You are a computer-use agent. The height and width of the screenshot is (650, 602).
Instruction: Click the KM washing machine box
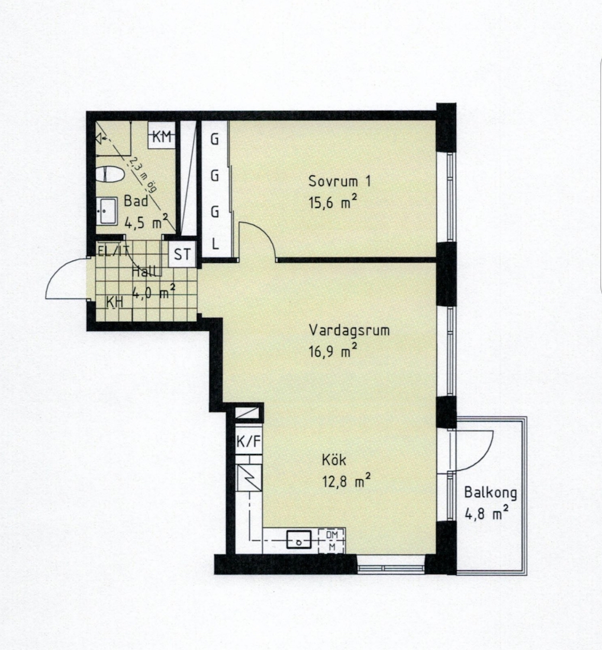point(161,135)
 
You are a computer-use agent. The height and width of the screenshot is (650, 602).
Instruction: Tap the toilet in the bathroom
point(110,174)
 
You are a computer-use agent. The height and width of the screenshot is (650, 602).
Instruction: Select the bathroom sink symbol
point(107,211)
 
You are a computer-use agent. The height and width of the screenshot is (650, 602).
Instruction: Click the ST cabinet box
point(182,254)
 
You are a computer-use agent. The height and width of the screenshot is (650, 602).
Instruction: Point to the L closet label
point(215,244)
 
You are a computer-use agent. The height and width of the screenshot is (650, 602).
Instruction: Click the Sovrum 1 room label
point(340,181)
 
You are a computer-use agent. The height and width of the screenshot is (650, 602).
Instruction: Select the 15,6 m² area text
point(332,202)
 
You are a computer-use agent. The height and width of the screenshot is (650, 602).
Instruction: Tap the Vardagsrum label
point(349,330)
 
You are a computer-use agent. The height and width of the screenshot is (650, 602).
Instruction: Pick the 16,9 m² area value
point(332,351)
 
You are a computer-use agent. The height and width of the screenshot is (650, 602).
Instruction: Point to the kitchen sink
point(299,540)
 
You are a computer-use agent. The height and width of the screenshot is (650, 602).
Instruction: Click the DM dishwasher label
point(332,534)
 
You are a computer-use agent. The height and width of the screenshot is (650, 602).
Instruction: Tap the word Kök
point(334,460)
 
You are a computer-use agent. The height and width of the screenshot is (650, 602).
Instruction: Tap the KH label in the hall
point(115,303)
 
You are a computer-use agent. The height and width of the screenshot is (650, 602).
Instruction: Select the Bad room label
point(136,201)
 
